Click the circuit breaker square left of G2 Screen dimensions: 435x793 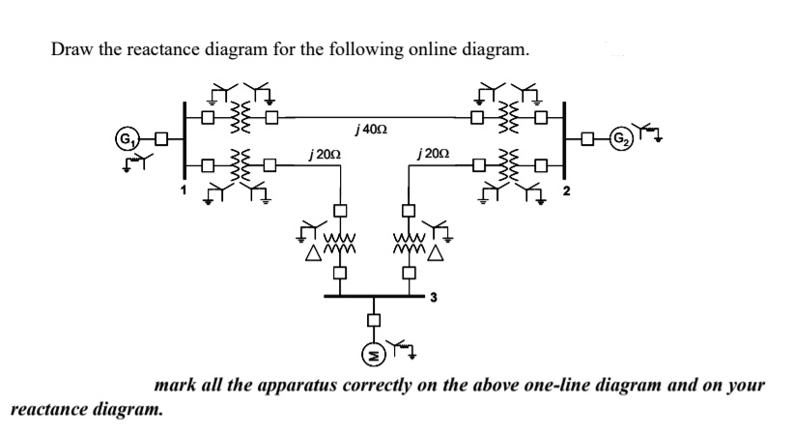click(x=587, y=140)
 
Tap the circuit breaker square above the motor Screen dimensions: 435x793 click(x=371, y=321)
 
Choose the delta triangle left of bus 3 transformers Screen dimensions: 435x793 click(x=313, y=254)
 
